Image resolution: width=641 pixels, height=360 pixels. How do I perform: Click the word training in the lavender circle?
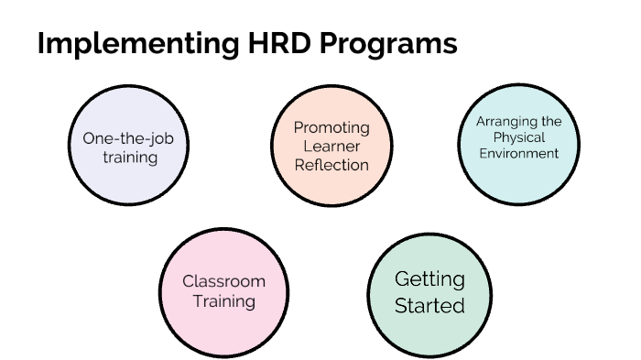point(130,158)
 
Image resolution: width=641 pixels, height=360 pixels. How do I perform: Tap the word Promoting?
point(331,127)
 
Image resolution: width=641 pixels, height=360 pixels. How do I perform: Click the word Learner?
point(331,147)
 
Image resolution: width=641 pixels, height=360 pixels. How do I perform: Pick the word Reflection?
point(331,165)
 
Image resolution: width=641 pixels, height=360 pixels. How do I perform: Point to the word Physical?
point(518,137)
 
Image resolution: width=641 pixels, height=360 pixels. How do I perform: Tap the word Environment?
point(518,154)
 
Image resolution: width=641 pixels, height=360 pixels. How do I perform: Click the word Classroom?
point(224,281)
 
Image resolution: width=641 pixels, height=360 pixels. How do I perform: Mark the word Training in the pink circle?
point(224,300)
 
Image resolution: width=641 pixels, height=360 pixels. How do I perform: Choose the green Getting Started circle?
point(428,292)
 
